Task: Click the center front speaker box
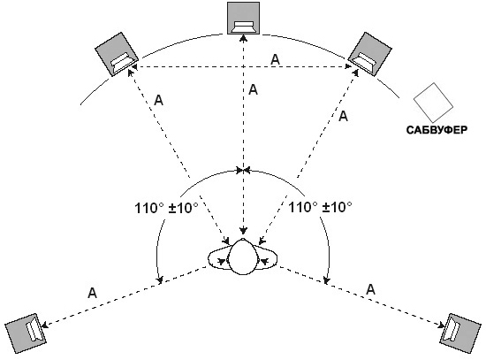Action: (243, 18)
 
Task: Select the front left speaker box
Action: (117, 54)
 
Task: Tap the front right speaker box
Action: (369, 54)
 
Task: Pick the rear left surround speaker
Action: (26, 333)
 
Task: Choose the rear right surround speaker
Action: (460, 333)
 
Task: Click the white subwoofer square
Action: (433, 103)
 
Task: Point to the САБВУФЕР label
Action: (437, 130)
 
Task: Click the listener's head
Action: (243, 257)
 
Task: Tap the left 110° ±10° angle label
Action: (166, 208)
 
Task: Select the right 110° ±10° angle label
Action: (320, 207)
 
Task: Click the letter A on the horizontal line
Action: (275, 59)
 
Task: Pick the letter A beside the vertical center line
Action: (254, 89)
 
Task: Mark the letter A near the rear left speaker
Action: (92, 293)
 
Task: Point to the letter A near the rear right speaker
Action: (371, 289)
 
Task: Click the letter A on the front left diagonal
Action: (158, 100)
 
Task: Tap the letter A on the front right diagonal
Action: (344, 116)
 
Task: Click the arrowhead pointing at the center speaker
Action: (244, 38)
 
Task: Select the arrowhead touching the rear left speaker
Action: (45, 325)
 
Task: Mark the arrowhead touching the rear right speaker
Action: (440, 325)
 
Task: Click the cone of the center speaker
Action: (244, 27)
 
